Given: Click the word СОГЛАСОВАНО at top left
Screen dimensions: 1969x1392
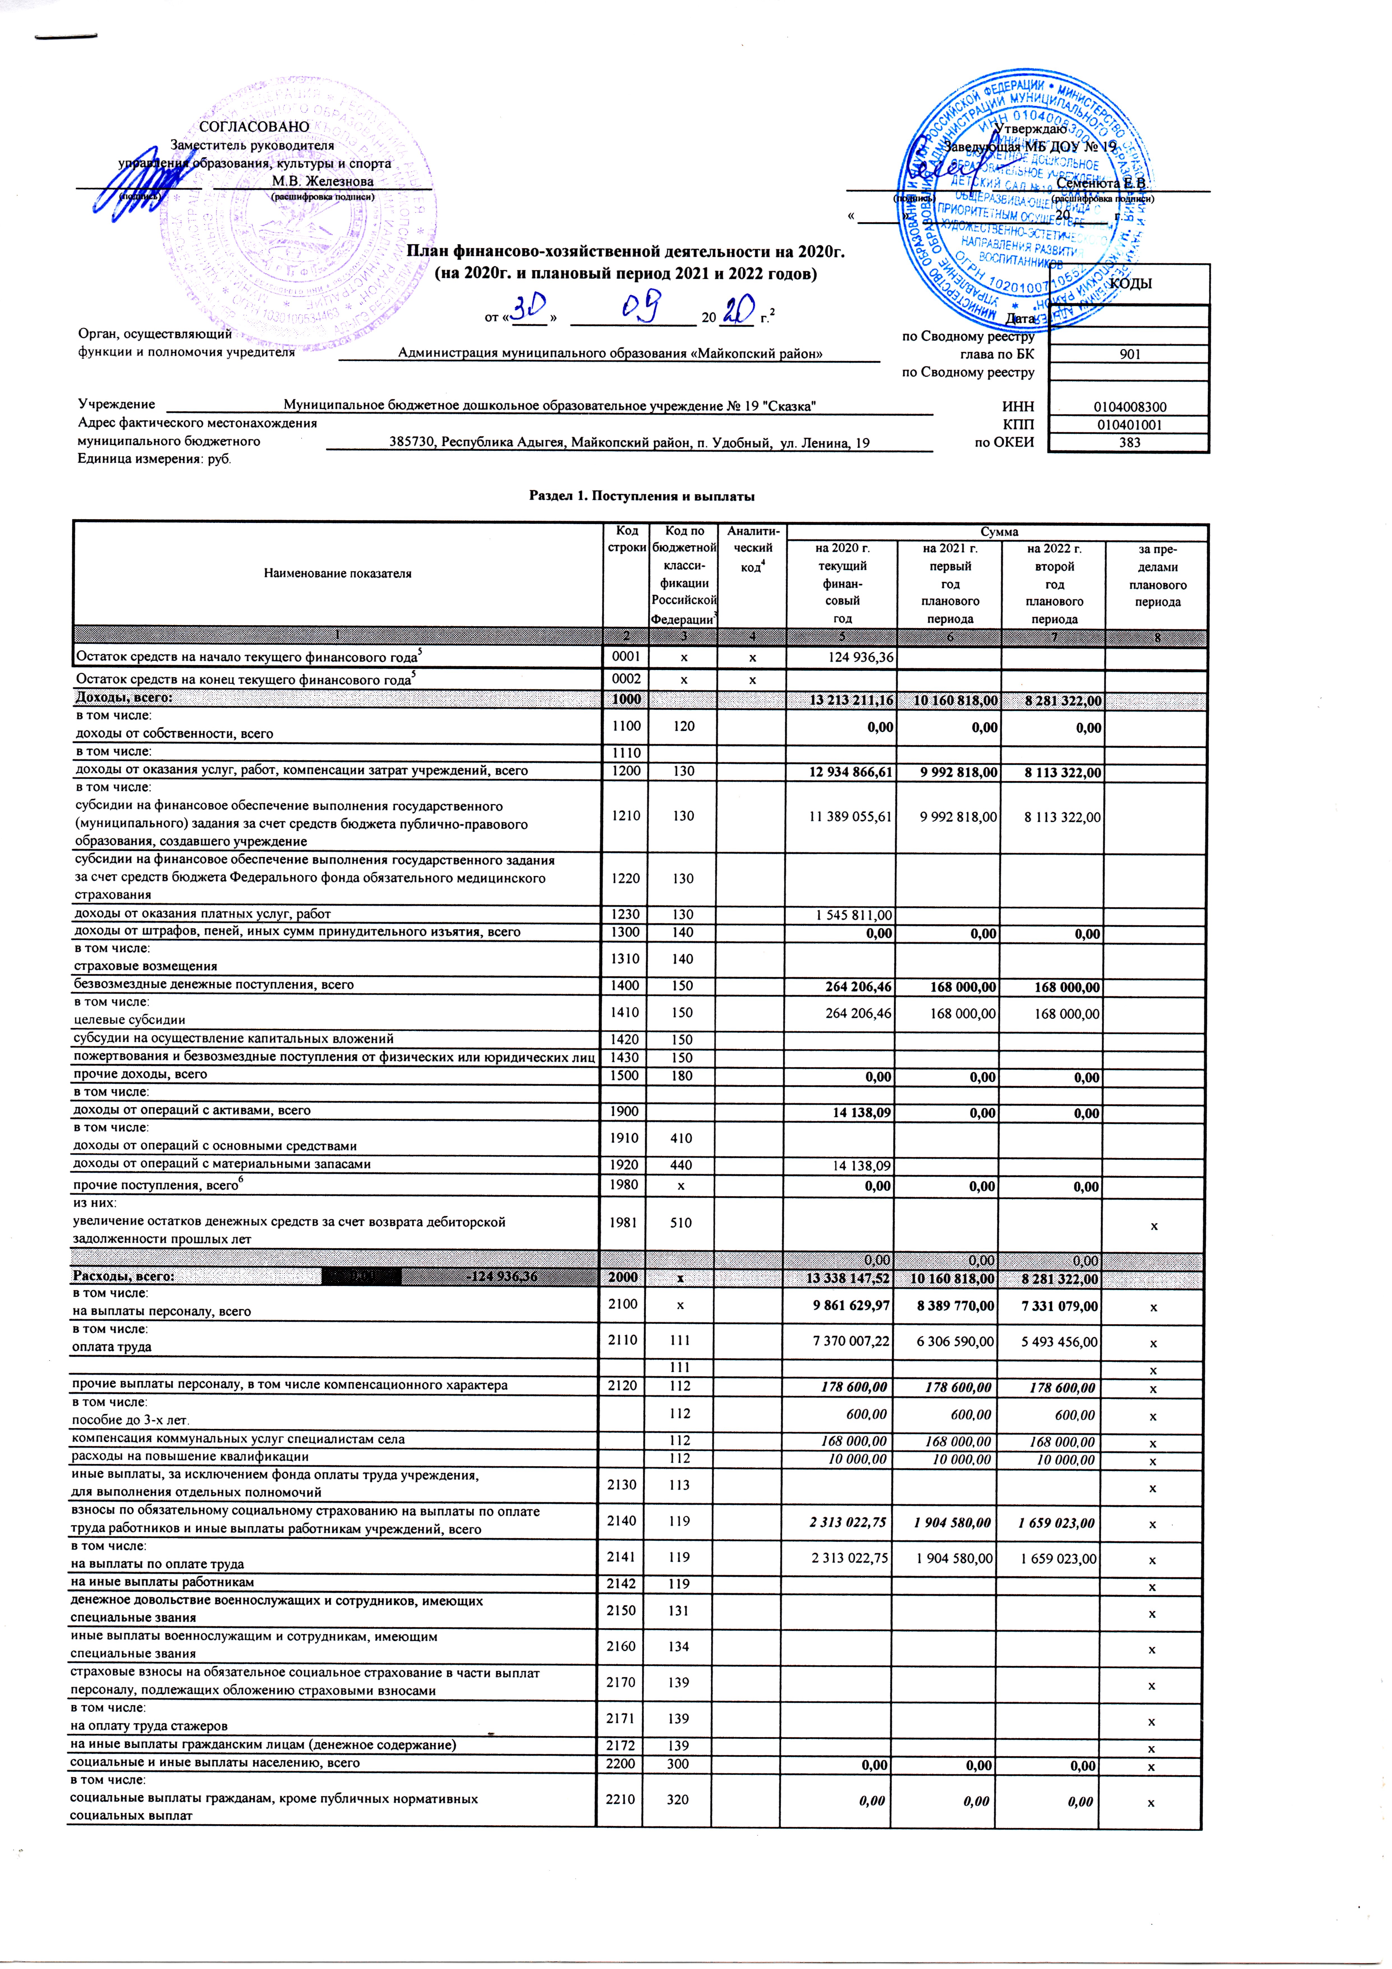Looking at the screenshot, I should pyautogui.click(x=254, y=127).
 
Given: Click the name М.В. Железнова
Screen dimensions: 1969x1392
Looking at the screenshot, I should pyautogui.click(x=323, y=181).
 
